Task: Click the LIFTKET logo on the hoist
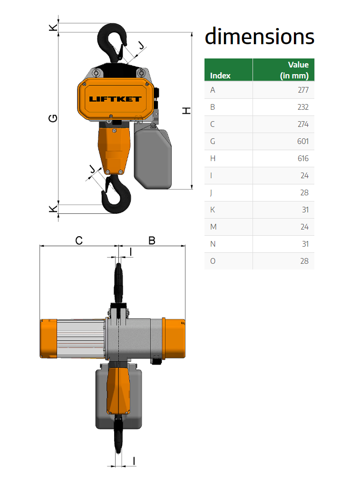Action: [115, 99]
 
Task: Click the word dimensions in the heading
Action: [260, 37]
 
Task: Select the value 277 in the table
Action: [303, 90]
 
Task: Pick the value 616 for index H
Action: [303, 159]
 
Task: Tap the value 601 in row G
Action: [303, 142]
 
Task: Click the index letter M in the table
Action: [213, 227]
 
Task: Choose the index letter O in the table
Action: [213, 261]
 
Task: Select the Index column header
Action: [220, 76]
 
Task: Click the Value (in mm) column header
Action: [294, 70]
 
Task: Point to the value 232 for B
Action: [303, 107]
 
